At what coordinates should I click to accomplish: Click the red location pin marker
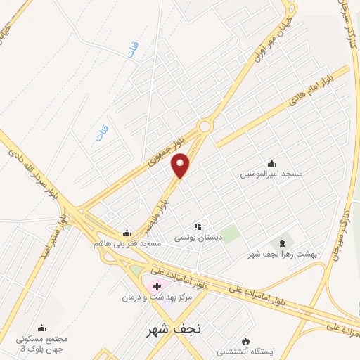coord(181,165)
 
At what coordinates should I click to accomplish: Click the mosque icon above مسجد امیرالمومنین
coord(272,163)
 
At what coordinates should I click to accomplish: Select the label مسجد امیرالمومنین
coord(271,173)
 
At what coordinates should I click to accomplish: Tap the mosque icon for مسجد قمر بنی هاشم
coord(127,233)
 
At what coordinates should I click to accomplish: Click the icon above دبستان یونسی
coord(198,226)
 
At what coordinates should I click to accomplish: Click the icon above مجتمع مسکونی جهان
coord(41,328)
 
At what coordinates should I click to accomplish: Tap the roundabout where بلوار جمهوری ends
coord(205,127)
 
